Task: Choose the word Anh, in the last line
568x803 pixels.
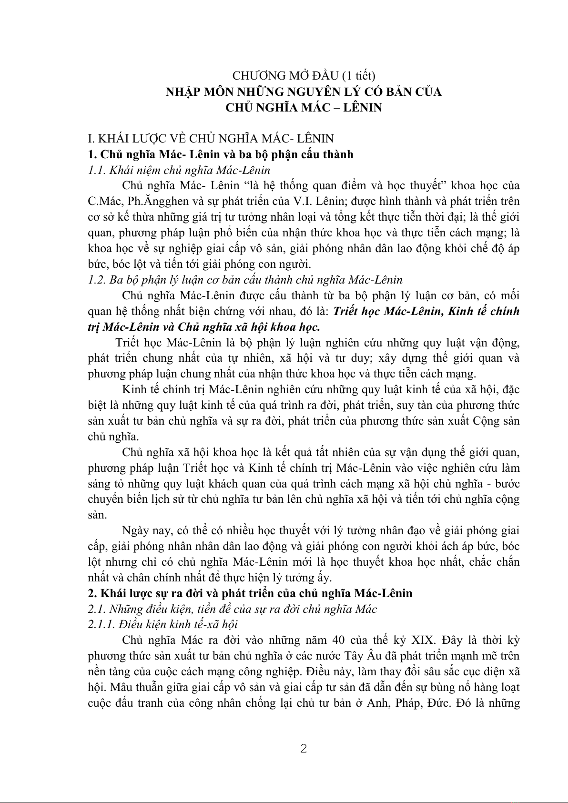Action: point(377,703)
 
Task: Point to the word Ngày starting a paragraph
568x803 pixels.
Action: point(135,530)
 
